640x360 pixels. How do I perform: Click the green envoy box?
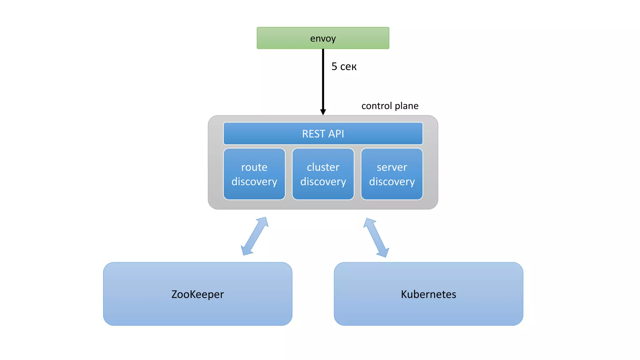pos(323,38)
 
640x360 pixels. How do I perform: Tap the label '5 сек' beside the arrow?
pos(344,67)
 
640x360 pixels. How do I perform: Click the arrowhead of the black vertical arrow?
pos(323,112)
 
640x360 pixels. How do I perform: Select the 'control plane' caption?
pos(390,106)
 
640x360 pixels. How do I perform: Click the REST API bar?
pos(323,134)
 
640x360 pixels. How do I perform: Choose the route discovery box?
pos(254,174)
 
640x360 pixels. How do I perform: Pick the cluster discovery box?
pos(323,174)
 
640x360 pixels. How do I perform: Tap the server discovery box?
pos(392,174)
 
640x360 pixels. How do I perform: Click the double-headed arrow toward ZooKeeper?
pos(254,236)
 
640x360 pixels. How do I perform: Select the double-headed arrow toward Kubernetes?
pos(376,237)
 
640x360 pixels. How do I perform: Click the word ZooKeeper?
pos(197,294)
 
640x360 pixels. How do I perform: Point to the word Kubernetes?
pos(428,294)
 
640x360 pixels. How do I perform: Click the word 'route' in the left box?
pos(254,167)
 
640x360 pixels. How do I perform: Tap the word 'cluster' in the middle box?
pos(323,167)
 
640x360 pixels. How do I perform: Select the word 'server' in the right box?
pos(392,167)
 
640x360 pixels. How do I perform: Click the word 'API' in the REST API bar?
pos(336,134)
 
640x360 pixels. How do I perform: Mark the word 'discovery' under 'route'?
pos(254,182)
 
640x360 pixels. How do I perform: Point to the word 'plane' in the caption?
pos(406,106)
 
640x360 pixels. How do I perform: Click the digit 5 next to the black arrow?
pos(334,67)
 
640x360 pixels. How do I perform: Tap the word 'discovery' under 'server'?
pos(392,182)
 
